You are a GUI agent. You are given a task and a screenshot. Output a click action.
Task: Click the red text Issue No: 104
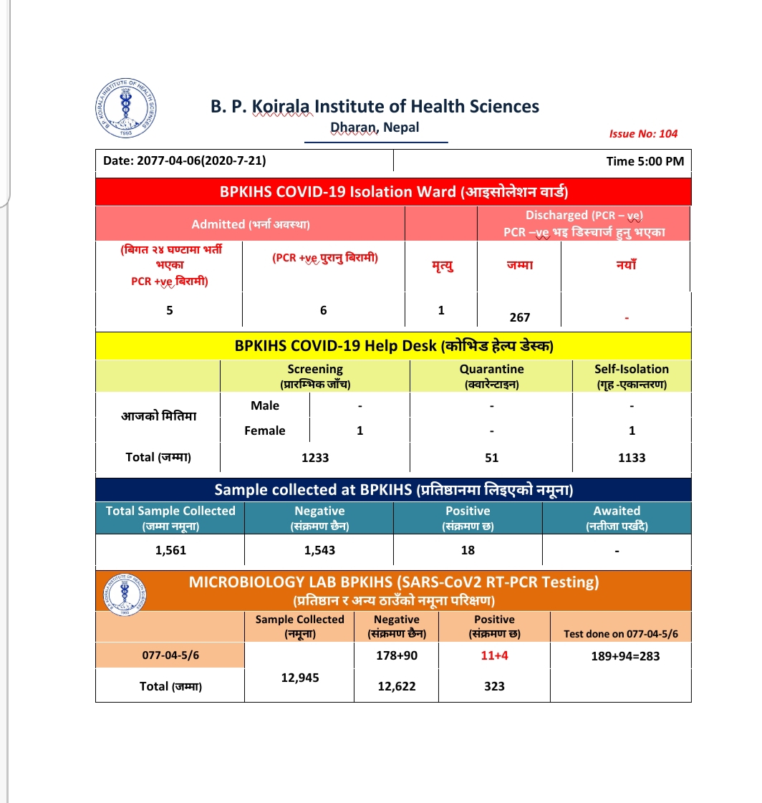tap(642, 133)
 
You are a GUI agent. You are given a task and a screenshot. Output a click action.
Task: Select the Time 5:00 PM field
tap(645, 161)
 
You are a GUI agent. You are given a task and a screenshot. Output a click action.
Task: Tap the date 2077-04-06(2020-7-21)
tap(185, 161)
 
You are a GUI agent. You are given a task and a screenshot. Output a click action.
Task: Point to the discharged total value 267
tap(519, 317)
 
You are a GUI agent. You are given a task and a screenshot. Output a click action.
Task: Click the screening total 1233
tap(315, 457)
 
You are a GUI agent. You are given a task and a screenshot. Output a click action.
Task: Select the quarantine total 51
tap(491, 457)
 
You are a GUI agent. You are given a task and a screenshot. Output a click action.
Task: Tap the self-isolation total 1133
tap(632, 457)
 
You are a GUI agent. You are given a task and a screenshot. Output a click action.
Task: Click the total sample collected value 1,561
tap(170, 550)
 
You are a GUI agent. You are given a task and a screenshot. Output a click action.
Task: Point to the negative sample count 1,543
tap(319, 550)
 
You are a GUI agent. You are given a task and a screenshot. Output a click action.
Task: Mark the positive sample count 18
tap(468, 550)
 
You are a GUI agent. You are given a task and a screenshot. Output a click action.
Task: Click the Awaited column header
tap(617, 517)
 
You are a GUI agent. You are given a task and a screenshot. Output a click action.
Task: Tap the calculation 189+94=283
tap(620, 655)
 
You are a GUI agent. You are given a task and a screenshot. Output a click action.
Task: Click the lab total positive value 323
tap(494, 686)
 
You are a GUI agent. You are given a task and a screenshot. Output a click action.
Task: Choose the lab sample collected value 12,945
tap(299, 677)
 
